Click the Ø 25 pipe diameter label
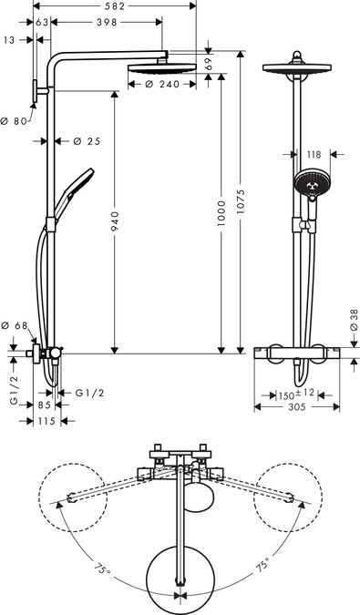[85, 141]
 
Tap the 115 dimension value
[45, 421]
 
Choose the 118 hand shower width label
[313, 156]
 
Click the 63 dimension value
[42, 22]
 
